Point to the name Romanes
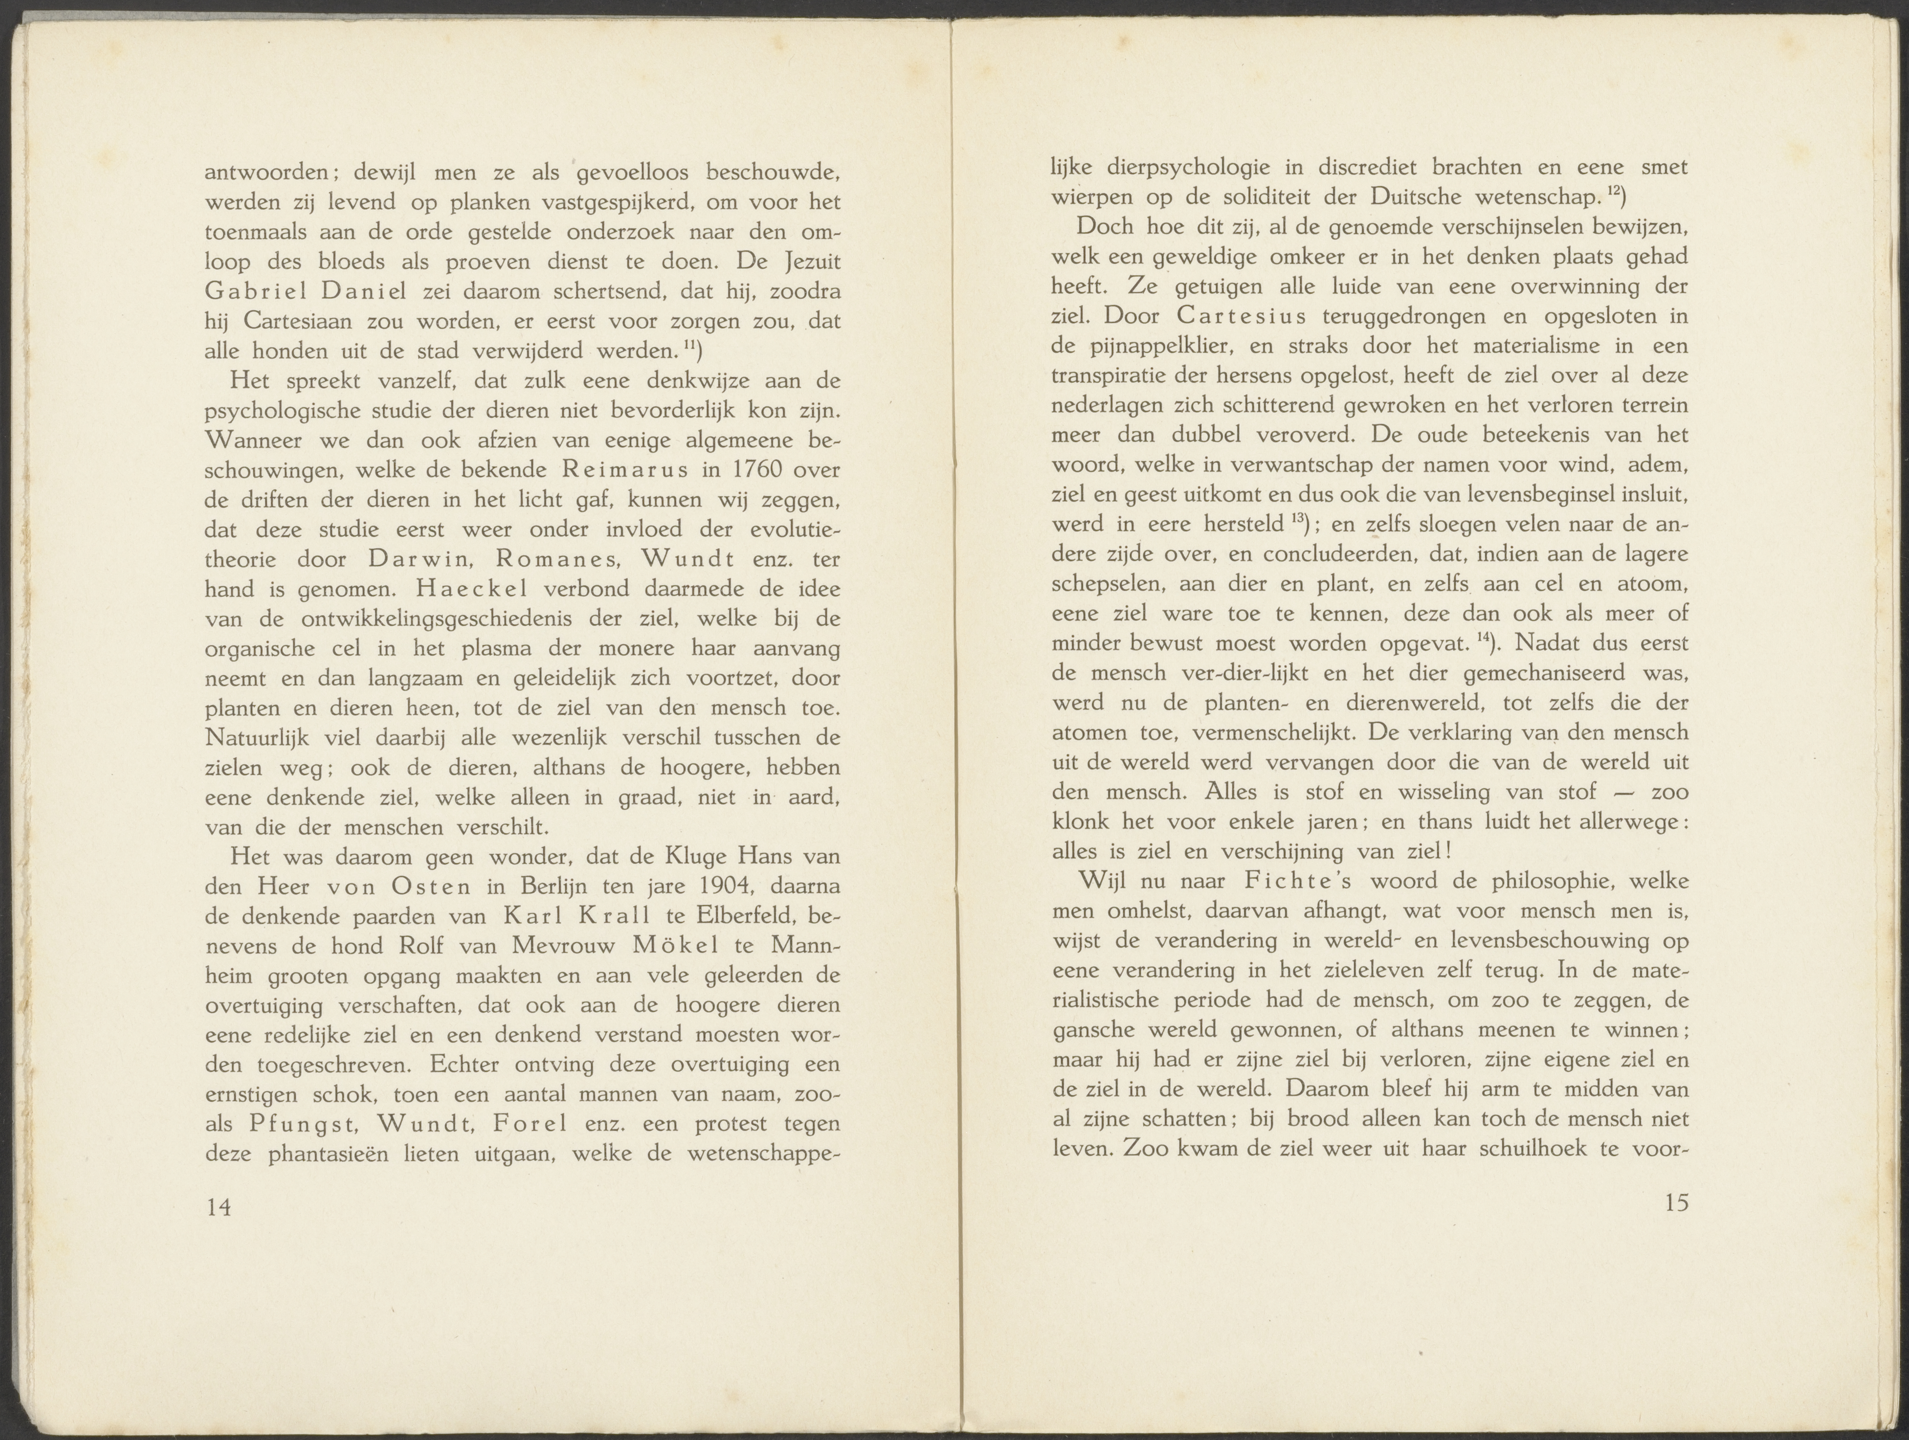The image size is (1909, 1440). [559, 559]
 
